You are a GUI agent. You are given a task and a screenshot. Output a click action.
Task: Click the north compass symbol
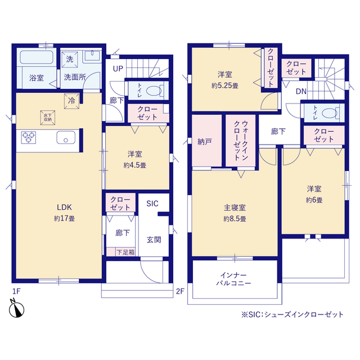click(16, 308)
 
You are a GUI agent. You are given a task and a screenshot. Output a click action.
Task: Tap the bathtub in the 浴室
click(37, 57)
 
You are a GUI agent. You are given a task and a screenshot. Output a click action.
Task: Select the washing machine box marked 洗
click(70, 60)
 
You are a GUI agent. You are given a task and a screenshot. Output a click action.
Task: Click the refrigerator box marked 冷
click(71, 101)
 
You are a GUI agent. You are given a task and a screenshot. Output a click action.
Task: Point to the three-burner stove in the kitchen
click(29, 137)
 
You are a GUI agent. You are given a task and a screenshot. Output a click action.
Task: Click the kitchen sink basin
click(66, 137)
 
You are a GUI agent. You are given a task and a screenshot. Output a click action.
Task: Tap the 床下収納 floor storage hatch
click(48, 118)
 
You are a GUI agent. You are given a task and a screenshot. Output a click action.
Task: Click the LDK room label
click(64, 208)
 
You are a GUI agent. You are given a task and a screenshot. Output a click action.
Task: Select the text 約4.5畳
click(135, 165)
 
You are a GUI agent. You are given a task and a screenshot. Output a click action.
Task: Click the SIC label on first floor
click(152, 204)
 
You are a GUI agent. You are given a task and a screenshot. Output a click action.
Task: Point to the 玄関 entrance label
click(154, 240)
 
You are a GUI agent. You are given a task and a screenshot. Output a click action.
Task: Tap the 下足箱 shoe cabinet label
click(125, 253)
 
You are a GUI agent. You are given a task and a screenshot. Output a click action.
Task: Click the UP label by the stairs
click(118, 69)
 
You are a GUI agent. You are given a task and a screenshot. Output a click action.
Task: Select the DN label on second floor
click(301, 91)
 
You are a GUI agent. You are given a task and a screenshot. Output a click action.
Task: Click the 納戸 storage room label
click(205, 142)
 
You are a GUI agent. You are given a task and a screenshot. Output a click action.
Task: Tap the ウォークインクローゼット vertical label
click(241, 141)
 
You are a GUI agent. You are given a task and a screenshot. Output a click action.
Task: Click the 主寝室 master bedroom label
click(235, 208)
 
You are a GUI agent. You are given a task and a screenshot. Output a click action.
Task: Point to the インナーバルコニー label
click(233, 279)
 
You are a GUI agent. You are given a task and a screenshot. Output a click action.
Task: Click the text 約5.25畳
click(225, 86)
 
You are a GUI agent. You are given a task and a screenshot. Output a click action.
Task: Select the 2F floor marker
click(180, 291)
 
